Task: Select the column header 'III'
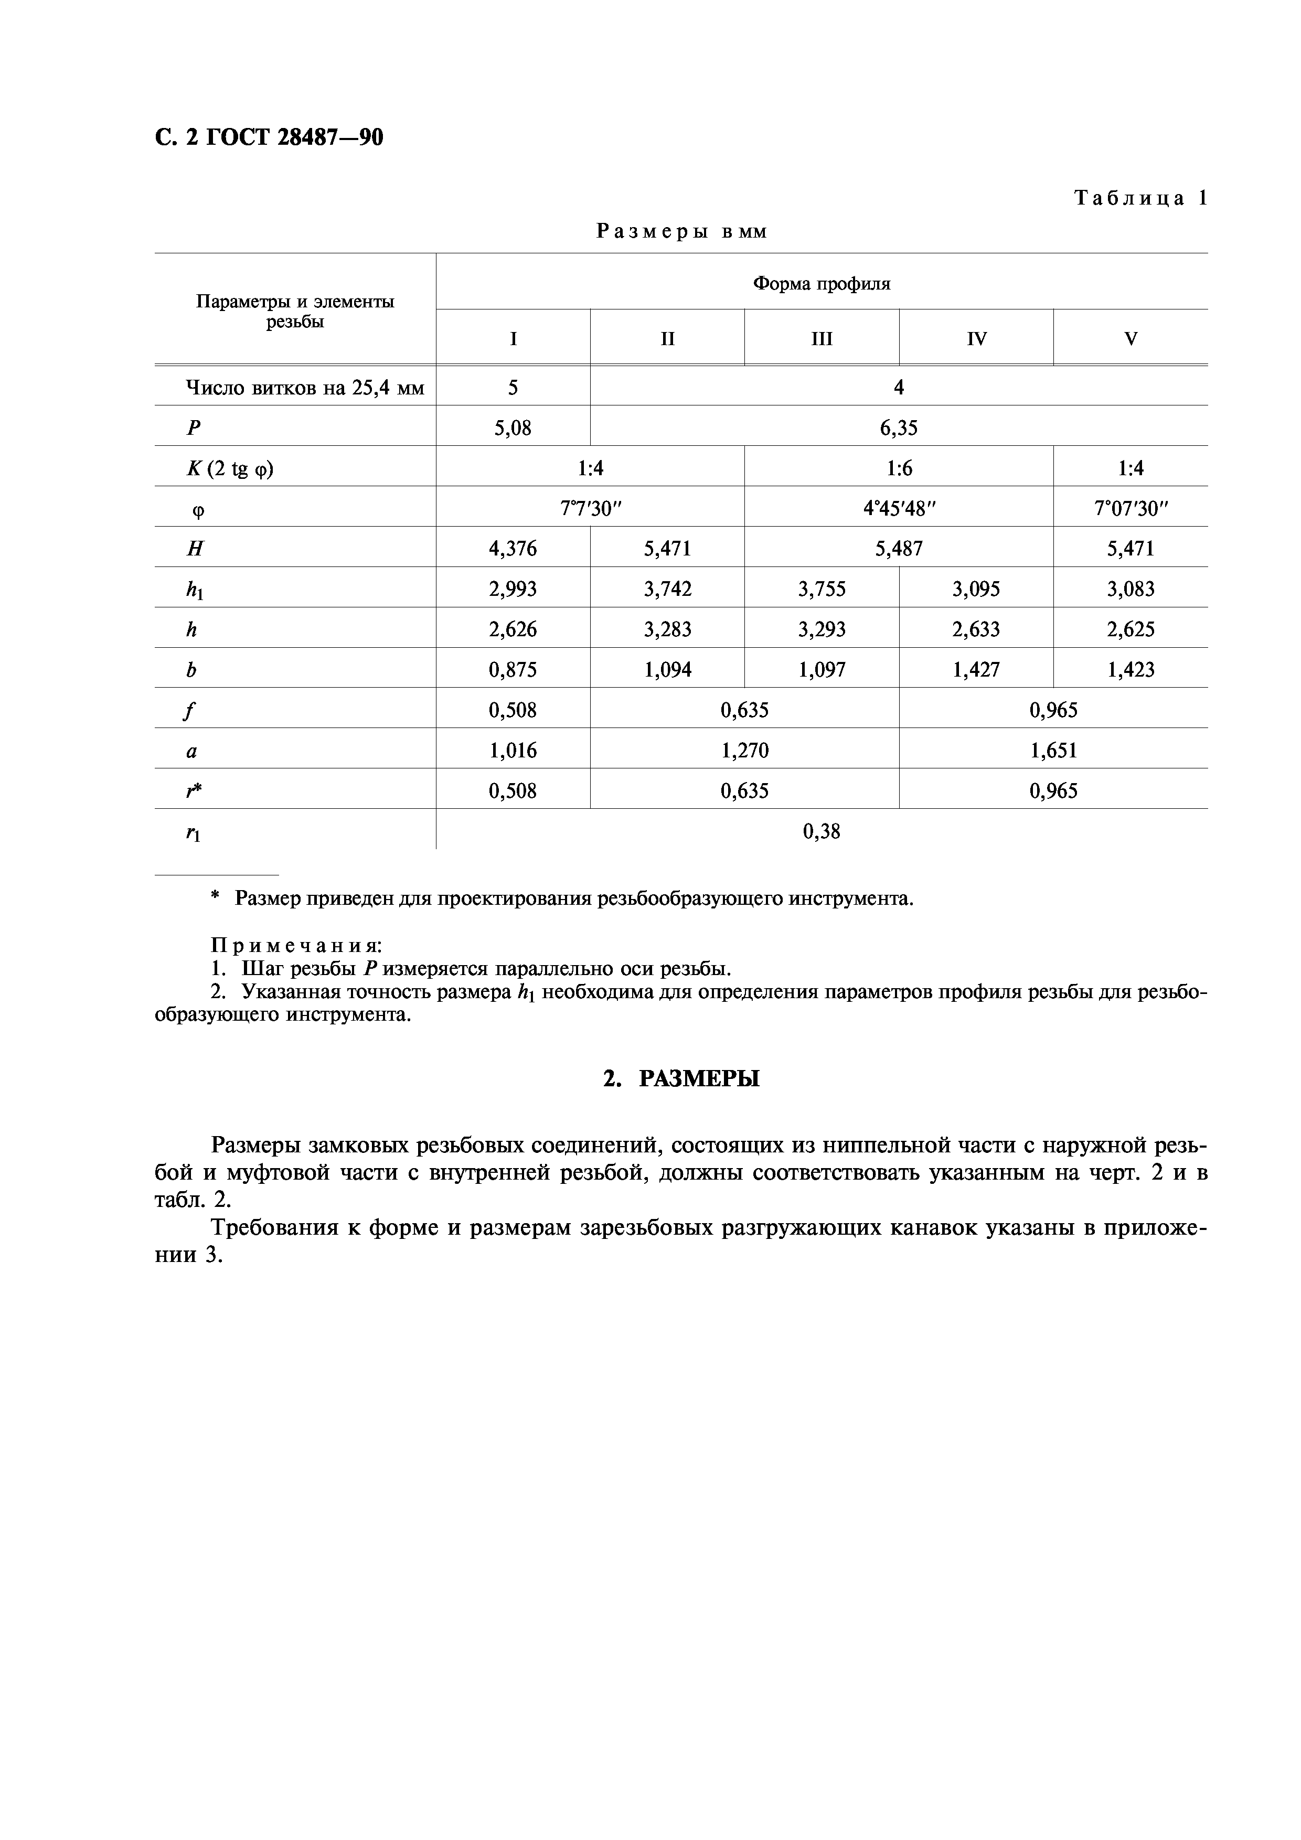click(822, 339)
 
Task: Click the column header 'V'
click(1131, 339)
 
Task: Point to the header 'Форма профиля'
click(821, 284)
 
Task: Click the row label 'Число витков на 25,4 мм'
click(305, 389)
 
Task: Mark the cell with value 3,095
click(976, 590)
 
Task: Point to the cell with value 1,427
click(976, 670)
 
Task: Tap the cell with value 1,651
click(1053, 751)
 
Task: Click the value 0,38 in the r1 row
click(821, 832)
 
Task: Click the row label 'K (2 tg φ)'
click(230, 469)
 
